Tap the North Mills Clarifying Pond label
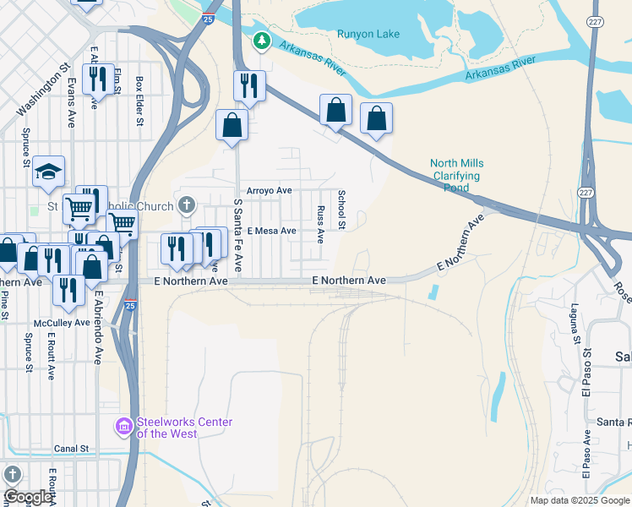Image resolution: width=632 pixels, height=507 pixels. (455, 176)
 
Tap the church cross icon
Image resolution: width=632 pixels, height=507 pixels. (187, 205)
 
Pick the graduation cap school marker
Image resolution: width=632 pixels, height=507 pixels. (48, 170)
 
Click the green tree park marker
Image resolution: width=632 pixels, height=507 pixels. (262, 40)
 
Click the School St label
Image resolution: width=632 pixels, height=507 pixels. (342, 210)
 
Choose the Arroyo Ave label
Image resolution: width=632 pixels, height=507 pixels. (269, 191)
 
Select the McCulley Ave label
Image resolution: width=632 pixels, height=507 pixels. (62, 323)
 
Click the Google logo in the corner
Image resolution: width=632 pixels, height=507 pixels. (28, 497)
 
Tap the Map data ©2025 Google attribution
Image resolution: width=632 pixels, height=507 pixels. (579, 500)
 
